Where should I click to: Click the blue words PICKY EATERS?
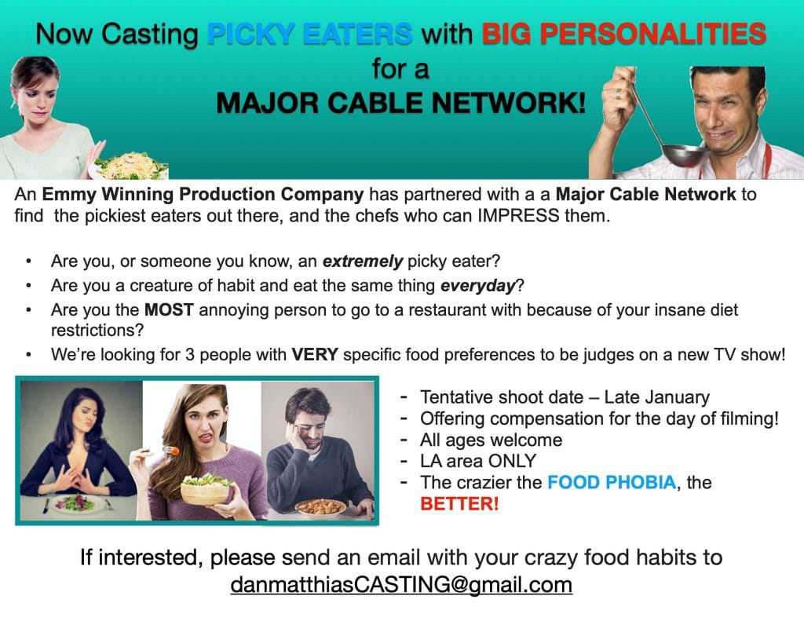click(x=309, y=35)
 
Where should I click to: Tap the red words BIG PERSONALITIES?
click(x=624, y=35)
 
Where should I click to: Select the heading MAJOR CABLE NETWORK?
click(x=400, y=103)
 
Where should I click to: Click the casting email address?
click(x=401, y=585)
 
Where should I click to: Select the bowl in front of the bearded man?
click(x=320, y=507)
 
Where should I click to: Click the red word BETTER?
click(x=459, y=503)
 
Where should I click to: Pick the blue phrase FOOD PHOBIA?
click(x=612, y=482)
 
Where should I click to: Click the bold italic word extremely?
click(x=362, y=261)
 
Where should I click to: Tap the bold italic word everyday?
click(x=477, y=286)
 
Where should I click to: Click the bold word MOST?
click(x=169, y=310)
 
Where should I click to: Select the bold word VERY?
click(x=314, y=354)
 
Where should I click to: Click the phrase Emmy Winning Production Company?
click(x=203, y=195)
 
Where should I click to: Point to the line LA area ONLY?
click(x=478, y=461)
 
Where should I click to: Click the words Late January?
click(x=657, y=397)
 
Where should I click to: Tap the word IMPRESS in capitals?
click(x=518, y=216)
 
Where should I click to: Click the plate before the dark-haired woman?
click(x=75, y=504)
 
